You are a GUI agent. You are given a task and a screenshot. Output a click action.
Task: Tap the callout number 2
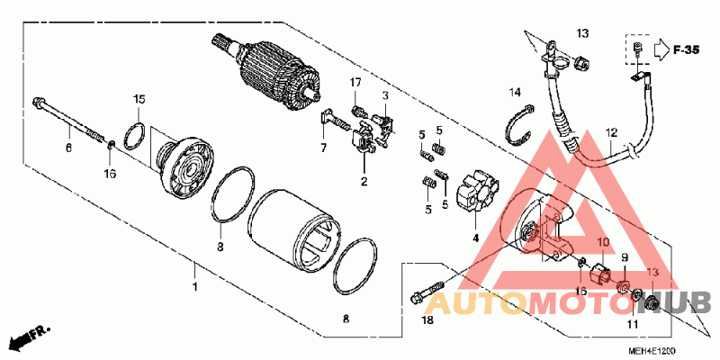click(364, 182)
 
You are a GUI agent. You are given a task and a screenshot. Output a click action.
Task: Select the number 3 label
click(384, 94)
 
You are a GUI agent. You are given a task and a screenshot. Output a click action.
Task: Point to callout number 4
click(475, 238)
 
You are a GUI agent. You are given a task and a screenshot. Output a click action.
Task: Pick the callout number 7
click(322, 147)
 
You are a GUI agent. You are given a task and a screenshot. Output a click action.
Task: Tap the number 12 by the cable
click(612, 132)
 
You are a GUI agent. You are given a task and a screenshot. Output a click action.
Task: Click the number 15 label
click(139, 98)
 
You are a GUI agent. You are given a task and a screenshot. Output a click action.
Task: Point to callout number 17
click(355, 83)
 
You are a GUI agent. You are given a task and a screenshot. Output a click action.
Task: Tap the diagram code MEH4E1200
click(657, 349)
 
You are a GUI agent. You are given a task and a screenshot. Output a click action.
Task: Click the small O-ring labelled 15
click(136, 134)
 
